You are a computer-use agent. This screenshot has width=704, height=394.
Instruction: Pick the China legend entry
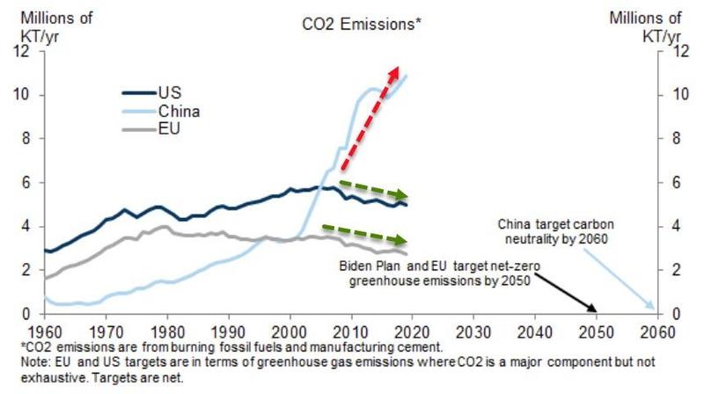click(179, 112)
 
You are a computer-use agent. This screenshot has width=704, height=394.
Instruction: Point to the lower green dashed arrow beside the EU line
click(365, 233)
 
